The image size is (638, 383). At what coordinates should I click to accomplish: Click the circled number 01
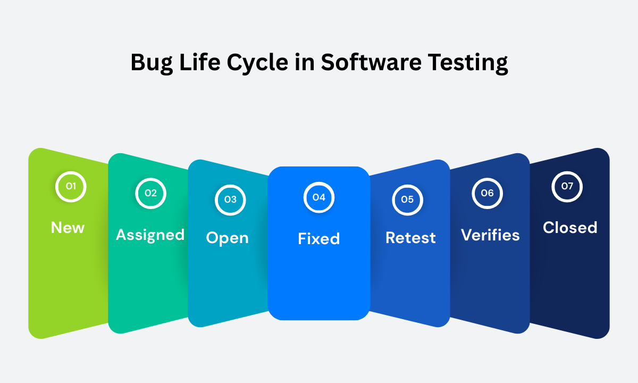71,187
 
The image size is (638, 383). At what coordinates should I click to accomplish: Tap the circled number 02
151,193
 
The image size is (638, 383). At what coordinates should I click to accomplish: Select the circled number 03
230,199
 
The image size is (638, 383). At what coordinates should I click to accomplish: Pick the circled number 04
318,197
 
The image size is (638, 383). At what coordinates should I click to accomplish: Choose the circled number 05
407,199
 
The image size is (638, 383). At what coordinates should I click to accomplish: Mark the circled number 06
487,193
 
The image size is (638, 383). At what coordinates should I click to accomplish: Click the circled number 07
567,187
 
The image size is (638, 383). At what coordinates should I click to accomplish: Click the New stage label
68,228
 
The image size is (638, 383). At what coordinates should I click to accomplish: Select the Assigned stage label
150,235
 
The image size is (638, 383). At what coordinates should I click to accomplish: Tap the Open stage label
227,238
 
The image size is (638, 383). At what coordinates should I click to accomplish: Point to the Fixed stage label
318,239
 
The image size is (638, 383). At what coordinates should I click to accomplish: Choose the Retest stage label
410,238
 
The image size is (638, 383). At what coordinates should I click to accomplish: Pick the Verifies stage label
490,235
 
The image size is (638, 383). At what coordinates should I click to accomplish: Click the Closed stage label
570,228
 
